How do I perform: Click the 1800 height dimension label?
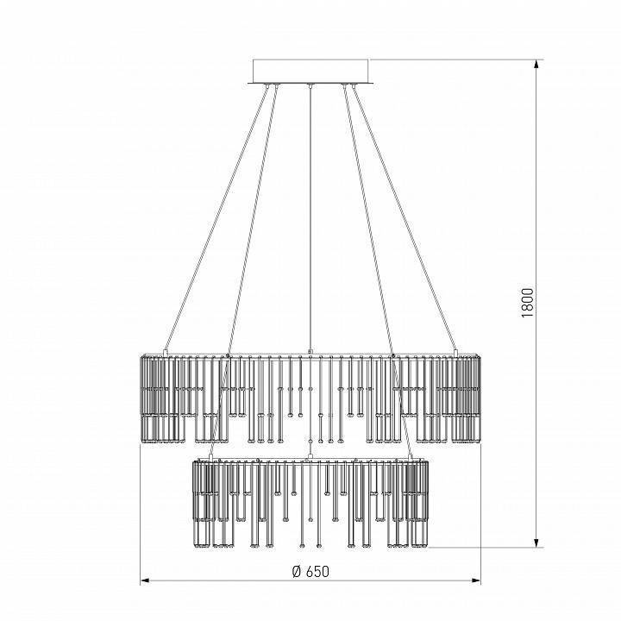(528, 303)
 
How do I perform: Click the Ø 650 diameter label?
(310, 572)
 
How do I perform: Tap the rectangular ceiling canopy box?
(310, 71)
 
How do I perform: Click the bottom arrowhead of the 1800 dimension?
(536, 543)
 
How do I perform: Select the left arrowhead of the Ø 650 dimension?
(146, 580)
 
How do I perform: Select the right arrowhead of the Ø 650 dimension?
(475, 580)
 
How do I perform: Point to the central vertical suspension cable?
(310, 218)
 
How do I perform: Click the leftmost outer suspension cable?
(216, 218)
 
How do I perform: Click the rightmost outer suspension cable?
(405, 218)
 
